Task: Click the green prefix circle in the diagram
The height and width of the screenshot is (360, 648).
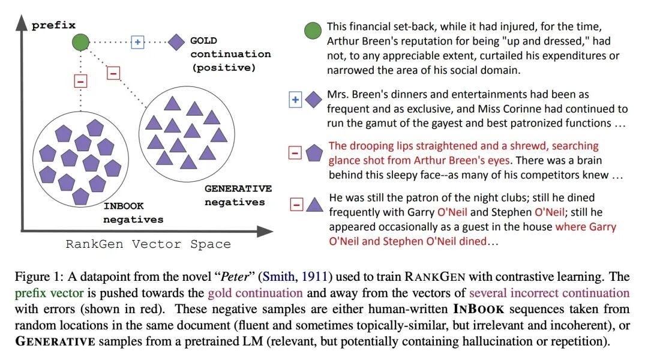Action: (80, 42)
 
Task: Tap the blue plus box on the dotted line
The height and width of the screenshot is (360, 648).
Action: (137, 42)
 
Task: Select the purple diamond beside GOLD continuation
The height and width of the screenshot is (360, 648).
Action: (176, 42)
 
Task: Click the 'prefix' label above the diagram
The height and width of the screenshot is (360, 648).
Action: (53, 25)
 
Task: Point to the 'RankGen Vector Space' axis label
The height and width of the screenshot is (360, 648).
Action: (148, 244)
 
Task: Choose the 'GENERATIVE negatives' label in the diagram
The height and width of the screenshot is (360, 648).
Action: (238, 195)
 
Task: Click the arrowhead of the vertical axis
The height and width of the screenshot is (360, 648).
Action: (22, 22)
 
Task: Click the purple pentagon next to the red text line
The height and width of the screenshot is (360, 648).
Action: (314, 153)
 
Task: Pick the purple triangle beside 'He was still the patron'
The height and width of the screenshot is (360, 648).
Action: (314, 205)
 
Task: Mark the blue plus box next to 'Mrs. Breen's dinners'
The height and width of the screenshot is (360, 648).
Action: (295, 100)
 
